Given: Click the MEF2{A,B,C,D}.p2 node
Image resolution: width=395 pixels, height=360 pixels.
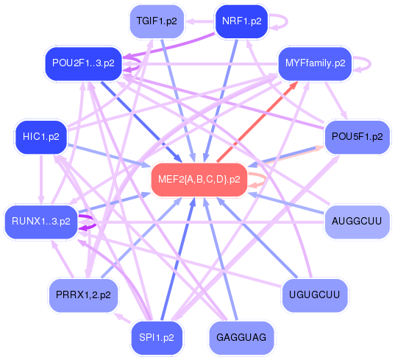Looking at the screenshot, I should (199, 180).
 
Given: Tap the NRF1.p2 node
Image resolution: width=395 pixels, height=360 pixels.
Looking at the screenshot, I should (241, 21).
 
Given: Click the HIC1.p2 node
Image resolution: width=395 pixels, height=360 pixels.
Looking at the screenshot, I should (41, 136).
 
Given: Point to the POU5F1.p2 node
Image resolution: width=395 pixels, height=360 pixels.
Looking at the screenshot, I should (357, 137).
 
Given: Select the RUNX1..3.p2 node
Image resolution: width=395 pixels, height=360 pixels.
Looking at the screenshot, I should (40, 220).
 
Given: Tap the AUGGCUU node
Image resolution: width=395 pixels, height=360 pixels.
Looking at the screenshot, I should (356, 221).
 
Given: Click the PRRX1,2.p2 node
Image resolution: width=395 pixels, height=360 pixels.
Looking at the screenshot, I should (82, 294).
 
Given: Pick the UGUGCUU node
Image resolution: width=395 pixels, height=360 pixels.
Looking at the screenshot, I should (315, 294).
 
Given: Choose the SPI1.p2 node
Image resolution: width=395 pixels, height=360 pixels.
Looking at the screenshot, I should (156, 337).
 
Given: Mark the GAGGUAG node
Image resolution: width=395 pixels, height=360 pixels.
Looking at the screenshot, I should (241, 337).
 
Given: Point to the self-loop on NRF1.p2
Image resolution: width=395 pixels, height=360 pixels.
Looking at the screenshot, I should (279, 21).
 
